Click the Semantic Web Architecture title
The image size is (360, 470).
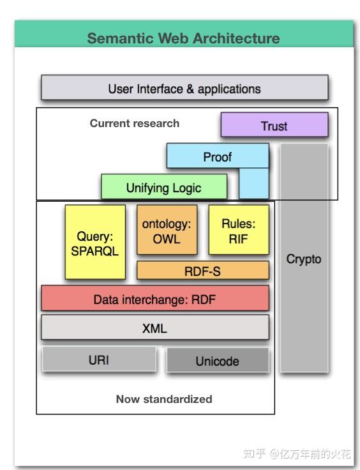tap(183, 38)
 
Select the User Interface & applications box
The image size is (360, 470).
tap(184, 87)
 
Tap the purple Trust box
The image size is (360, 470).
tap(274, 125)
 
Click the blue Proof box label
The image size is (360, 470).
tap(218, 157)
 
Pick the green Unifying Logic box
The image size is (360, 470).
tap(164, 186)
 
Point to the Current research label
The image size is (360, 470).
tap(135, 123)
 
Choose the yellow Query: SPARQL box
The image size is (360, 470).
tap(95, 242)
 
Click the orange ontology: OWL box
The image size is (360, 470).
tap(167, 230)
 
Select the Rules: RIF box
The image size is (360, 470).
tap(239, 230)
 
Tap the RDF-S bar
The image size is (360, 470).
tap(203, 270)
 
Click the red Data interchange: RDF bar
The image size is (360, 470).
tap(155, 298)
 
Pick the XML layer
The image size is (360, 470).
tap(155, 328)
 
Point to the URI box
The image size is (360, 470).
tap(99, 360)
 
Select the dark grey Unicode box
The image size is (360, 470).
tap(218, 360)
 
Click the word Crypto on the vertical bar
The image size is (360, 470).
tap(304, 259)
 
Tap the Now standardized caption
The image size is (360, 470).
tap(164, 399)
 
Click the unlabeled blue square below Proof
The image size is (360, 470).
tap(253, 183)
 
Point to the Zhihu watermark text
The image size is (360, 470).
tap(297, 453)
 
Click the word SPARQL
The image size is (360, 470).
tap(95, 251)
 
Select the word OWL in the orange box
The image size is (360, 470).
tap(167, 239)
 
